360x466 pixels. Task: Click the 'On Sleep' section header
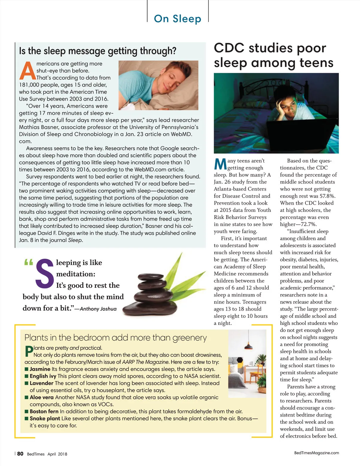(177, 19)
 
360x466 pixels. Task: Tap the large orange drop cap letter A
(27, 71)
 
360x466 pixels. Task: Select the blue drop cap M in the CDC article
(220, 164)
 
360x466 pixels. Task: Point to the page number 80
(20, 454)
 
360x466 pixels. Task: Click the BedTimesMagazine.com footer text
(316, 453)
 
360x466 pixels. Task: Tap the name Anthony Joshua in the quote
(98, 309)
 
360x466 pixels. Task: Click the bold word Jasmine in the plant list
(40, 369)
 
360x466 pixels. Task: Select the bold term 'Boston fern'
(44, 411)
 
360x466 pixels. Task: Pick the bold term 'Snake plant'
(45, 418)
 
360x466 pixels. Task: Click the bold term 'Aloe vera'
(42, 397)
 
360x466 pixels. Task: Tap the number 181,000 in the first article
(29, 85)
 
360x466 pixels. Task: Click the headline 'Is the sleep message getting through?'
(97, 51)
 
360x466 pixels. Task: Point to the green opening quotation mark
(28, 263)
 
